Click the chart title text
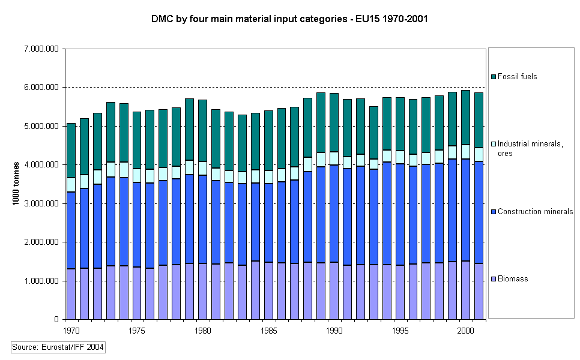tap(289, 19)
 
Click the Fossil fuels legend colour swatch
tap(494, 77)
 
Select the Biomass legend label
tap(513, 279)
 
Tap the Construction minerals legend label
tap(535, 212)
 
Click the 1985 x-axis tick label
tap(270, 330)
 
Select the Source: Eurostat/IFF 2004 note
tap(59, 346)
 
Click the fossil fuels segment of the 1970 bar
tap(71, 150)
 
